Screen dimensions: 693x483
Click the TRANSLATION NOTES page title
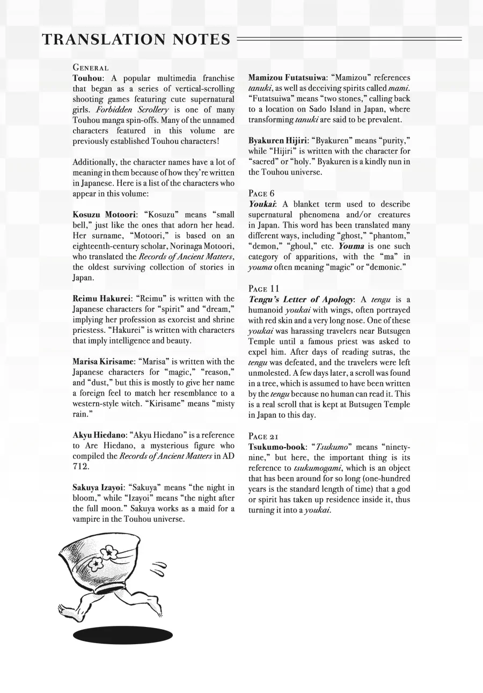(x=136, y=39)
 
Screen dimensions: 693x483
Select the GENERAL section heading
(x=91, y=68)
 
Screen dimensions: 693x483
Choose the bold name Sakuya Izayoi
(x=98, y=487)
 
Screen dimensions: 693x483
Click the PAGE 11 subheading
(x=264, y=288)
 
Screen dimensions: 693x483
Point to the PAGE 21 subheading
(x=264, y=436)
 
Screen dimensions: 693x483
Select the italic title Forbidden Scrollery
(x=132, y=110)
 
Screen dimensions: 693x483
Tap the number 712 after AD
(x=79, y=467)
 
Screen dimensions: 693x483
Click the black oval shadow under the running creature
(x=123, y=636)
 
